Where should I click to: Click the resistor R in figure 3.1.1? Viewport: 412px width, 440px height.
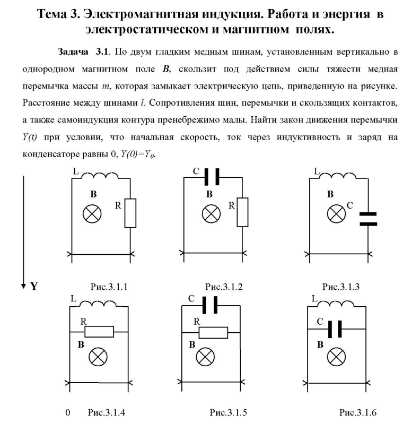[130, 213]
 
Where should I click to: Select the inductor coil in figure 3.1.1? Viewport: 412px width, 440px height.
[100, 175]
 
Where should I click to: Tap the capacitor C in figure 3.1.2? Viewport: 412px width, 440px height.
[212, 177]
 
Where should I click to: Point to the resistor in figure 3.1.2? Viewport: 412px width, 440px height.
[242, 212]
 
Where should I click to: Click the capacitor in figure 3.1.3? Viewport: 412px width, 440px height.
[368, 219]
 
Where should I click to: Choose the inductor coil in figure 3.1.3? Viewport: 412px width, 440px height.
[338, 176]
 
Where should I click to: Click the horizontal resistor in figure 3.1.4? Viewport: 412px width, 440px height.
[99, 332]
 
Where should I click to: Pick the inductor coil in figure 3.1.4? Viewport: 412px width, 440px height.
[98, 304]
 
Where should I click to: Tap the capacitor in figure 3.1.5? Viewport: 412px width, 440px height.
[210, 305]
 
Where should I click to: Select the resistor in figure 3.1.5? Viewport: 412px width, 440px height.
[213, 333]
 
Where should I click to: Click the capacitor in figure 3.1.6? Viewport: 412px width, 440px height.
[335, 329]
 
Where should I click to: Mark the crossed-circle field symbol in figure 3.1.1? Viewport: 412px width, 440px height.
[92, 214]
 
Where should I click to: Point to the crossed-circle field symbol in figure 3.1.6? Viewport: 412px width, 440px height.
[336, 357]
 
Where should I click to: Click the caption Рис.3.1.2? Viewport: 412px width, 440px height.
[224, 287]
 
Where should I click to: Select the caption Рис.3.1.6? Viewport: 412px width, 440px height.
[357, 412]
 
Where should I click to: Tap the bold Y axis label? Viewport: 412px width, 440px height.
[34, 286]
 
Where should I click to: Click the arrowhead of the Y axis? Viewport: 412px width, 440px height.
[23, 286]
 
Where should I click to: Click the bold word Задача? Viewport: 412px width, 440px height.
[73, 51]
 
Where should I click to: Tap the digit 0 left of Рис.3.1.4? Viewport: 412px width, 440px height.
[68, 412]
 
